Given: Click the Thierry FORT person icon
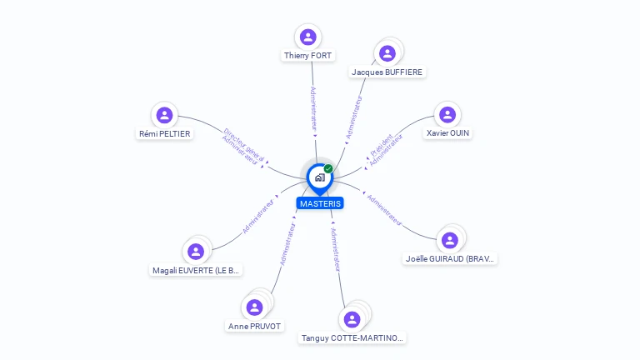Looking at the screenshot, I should tap(308, 37).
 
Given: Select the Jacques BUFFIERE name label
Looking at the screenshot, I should tap(387, 72).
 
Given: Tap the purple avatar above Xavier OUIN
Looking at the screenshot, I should tap(447, 115).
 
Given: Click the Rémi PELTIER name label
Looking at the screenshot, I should tap(165, 133).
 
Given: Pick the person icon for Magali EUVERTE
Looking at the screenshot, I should tap(196, 252).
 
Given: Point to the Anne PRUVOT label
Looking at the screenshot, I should tap(255, 326).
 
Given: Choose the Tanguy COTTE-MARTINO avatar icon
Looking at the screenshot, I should tap(352, 319).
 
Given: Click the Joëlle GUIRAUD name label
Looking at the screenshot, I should tap(450, 259).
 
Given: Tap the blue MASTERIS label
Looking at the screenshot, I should tap(320, 203).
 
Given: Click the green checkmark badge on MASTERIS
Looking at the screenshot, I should tap(328, 169).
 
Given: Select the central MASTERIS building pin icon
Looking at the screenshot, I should tap(319, 177).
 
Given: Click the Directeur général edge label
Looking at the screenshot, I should tap(244, 138).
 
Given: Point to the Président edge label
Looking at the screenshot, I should tap(381, 142).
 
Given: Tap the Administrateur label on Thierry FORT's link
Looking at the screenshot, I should tap(313, 109).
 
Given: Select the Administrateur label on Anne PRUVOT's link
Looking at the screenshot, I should tap(287, 243).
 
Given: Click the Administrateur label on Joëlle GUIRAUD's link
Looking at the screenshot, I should tap(385, 210).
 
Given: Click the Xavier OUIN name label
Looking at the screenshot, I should tap(448, 133).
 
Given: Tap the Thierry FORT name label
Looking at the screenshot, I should tap(308, 56).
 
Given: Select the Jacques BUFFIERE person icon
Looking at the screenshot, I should tap(387, 53).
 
